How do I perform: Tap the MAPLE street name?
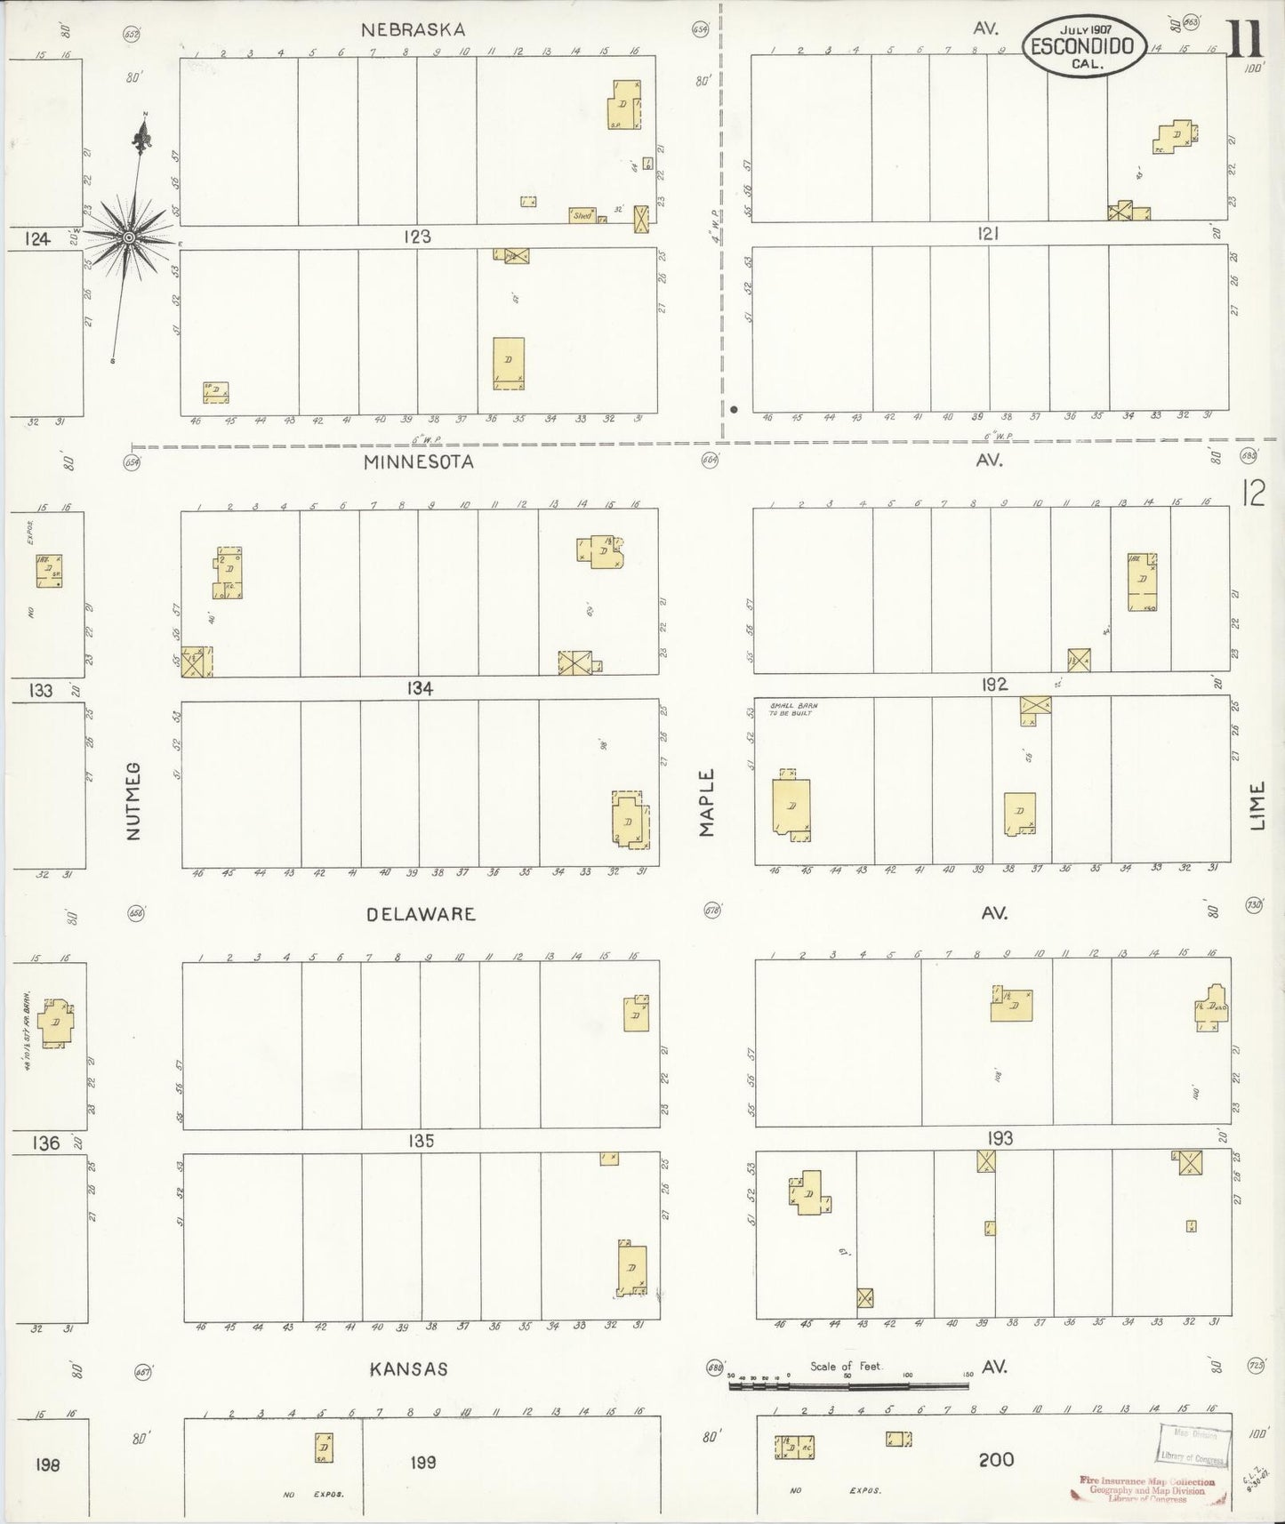pyautogui.click(x=707, y=802)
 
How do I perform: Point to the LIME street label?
pyautogui.click(x=1257, y=806)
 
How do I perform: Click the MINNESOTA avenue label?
pyautogui.click(x=417, y=461)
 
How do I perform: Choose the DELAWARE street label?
pyautogui.click(x=421, y=914)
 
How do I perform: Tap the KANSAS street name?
pyautogui.click(x=410, y=1369)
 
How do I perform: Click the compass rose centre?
pyautogui.click(x=128, y=237)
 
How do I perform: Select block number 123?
pyautogui.click(x=417, y=237)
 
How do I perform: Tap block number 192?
pyautogui.click(x=994, y=684)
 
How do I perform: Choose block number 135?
pyautogui.click(x=421, y=1141)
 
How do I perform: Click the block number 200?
pyautogui.click(x=996, y=1459)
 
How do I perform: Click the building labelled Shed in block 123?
pyautogui.click(x=582, y=215)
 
